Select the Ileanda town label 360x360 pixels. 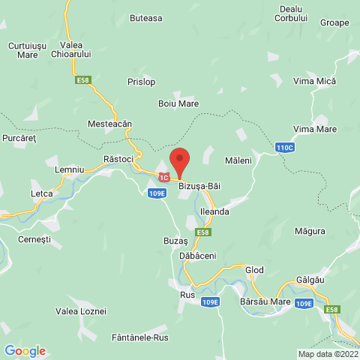[214, 212]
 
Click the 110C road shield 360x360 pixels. [284, 148]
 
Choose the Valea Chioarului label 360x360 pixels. [70, 49]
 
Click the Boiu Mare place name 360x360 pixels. [178, 103]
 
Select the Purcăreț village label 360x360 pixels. [19, 138]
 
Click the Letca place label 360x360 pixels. [42, 193]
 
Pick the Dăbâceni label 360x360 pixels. [198, 256]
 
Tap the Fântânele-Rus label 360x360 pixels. [140, 337]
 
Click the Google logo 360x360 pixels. [25, 350]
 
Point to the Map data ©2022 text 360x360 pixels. [328, 354]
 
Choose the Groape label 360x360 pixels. [334, 22]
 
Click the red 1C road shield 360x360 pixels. [163, 178]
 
